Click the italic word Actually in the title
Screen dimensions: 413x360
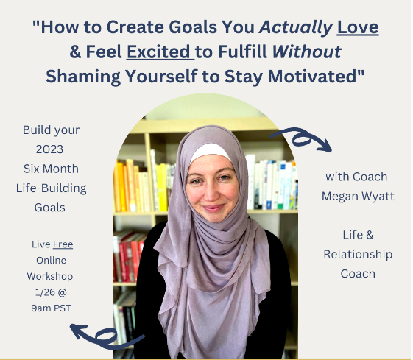click(x=296, y=28)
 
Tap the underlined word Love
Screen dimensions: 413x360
click(x=358, y=27)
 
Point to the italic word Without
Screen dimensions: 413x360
click(x=307, y=52)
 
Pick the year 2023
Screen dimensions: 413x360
click(x=49, y=149)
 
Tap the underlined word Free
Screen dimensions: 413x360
click(x=63, y=244)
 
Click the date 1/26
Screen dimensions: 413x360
click(x=45, y=292)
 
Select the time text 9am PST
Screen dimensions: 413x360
click(x=51, y=308)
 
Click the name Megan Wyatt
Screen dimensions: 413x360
click(x=358, y=196)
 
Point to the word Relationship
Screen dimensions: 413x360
click(x=358, y=255)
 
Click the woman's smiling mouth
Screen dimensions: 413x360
click(x=213, y=208)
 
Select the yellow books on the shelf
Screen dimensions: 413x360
click(x=141, y=186)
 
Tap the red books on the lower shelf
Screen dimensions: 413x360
click(x=128, y=257)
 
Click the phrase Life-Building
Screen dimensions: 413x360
click(x=51, y=188)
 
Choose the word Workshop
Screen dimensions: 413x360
click(x=50, y=277)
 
